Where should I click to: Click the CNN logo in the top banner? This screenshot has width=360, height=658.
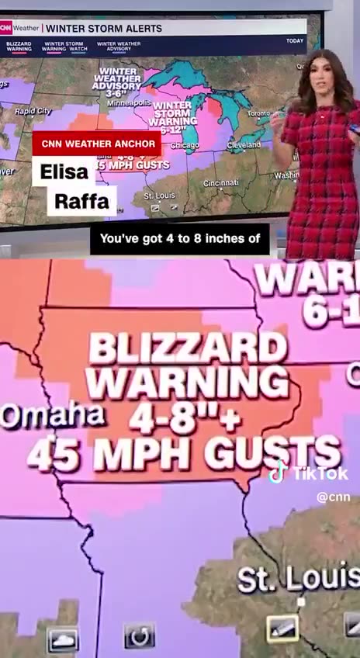(x=6, y=28)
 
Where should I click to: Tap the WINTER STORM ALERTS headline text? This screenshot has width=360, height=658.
(x=104, y=29)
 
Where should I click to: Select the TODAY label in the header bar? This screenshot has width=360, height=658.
(x=295, y=40)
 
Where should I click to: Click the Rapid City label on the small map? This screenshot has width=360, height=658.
(x=33, y=112)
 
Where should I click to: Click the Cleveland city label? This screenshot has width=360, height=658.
(x=244, y=145)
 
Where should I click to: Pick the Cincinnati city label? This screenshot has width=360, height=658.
(x=220, y=183)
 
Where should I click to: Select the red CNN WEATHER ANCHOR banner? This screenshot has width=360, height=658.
(x=96, y=144)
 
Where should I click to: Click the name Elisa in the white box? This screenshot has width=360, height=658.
(x=64, y=171)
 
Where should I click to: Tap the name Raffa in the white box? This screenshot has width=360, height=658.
(x=81, y=202)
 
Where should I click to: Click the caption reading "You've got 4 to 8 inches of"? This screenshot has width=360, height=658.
(x=179, y=239)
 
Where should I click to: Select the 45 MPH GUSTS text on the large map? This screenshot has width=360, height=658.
(x=184, y=452)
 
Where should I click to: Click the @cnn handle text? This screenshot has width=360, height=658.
(x=333, y=497)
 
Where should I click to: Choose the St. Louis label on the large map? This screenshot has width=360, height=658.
(x=298, y=578)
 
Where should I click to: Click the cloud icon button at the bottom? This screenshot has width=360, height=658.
(x=63, y=639)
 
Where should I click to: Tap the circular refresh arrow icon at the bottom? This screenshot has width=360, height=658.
(x=140, y=637)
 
